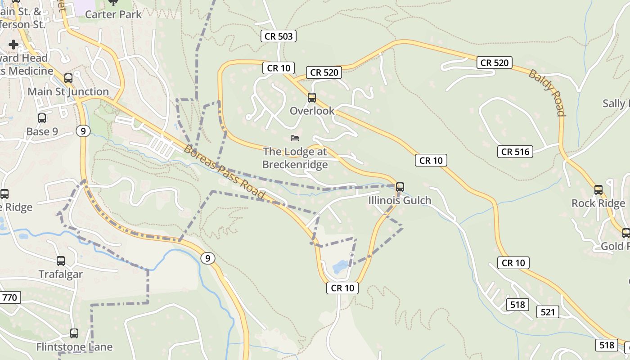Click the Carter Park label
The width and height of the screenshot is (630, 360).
(x=113, y=14)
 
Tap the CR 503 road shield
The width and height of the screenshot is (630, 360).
(x=279, y=36)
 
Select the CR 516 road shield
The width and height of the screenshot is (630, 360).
(x=515, y=151)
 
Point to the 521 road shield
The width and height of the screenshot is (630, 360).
(x=547, y=311)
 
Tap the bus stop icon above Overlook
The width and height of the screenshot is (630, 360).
(x=311, y=97)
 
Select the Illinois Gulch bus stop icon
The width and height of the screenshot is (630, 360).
(x=400, y=187)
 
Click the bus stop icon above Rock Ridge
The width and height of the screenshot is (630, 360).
(x=598, y=189)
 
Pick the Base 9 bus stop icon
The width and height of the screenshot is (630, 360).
(x=42, y=118)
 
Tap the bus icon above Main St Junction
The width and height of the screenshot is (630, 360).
(x=68, y=78)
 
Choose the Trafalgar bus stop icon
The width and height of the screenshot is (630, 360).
(x=60, y=261)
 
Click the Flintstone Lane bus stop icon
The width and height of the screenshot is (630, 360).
(x=74, y=333)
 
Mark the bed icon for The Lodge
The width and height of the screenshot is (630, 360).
(x=295, y=138)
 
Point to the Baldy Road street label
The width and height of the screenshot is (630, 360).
(x=547, y=92)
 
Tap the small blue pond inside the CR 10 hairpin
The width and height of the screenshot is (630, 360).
(x=340, y=266)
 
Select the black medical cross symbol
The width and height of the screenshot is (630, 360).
(x=13, y=44)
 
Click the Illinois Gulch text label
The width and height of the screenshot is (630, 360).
(x=400, y=200)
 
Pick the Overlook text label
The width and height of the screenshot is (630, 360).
(x=312, y=111)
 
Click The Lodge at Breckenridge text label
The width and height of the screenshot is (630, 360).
(x=295, y=158)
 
